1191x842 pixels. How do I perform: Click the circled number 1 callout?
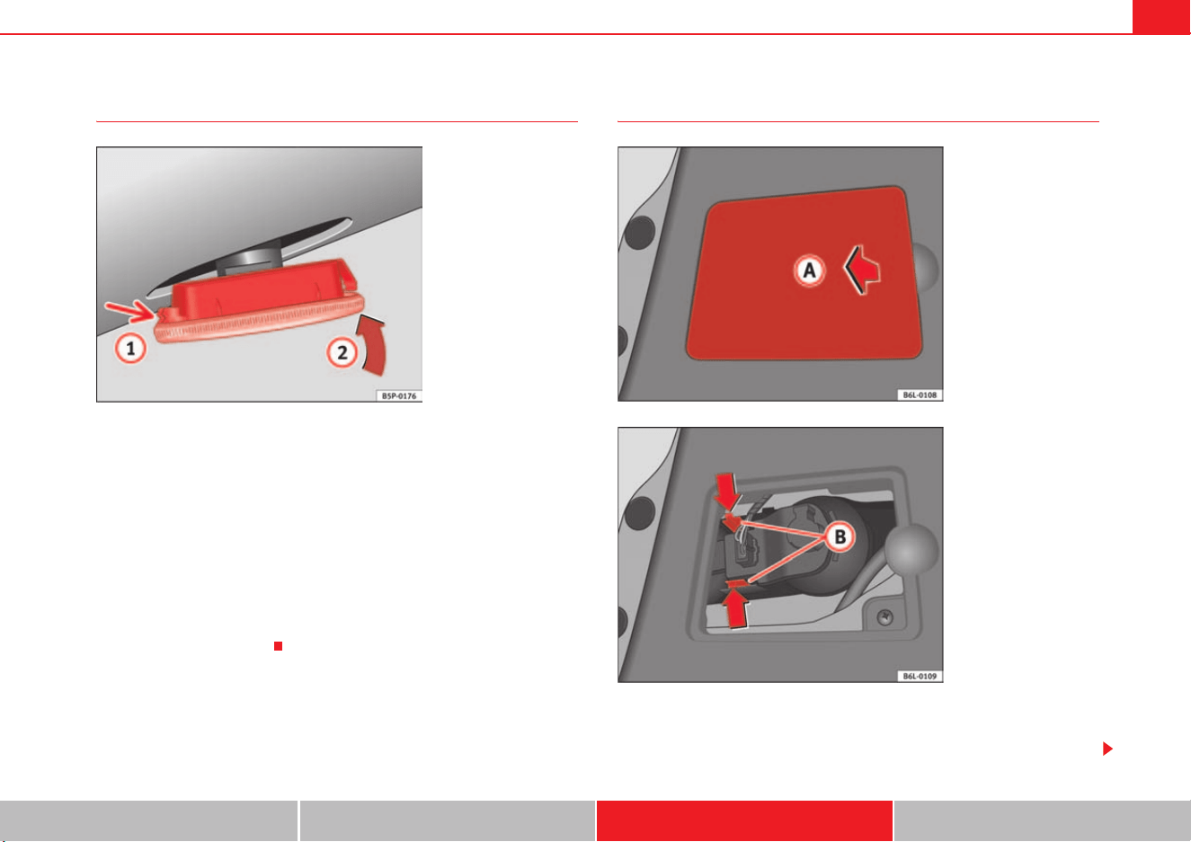[x=130, y=349]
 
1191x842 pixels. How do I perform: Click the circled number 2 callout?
[x=342, y=352]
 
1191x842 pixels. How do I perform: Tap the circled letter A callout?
[x=809, y=270]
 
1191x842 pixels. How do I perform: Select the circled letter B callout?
[x=840, y=536]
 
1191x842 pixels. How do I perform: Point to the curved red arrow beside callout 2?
[x=375, y=346]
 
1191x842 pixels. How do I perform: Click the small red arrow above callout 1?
[x=130, y=311]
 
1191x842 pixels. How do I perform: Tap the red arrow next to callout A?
[x=862, y=270]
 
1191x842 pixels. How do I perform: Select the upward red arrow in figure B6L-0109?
[x=736, y=609]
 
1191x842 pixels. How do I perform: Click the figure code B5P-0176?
[x=399, y=396]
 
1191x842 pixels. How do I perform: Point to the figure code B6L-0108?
[x=920, y=395]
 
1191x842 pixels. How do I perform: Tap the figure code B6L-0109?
[x=920, y=676]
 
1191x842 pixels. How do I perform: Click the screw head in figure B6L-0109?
[x=884, y=617]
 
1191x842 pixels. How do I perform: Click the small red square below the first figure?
[x=278, y=646]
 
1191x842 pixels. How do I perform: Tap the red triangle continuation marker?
[x=1107, y=749]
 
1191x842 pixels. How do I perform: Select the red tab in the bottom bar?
[x=744, y=820]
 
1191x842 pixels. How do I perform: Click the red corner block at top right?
[x=1161, y=16]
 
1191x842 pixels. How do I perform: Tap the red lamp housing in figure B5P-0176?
[x=259, y=301]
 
